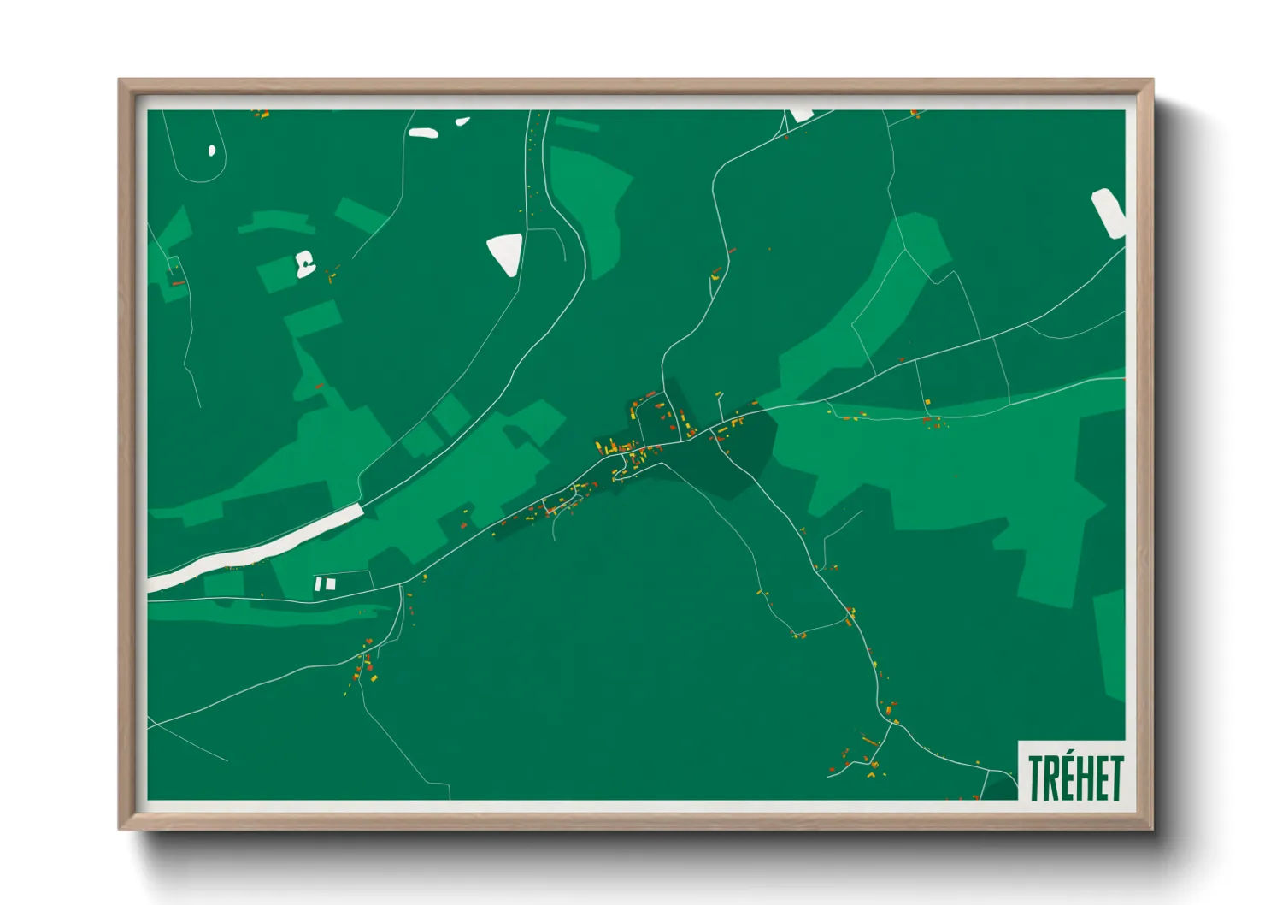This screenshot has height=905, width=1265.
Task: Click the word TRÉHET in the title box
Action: point(1075,778)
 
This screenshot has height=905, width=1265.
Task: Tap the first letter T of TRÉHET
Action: point(1036,778)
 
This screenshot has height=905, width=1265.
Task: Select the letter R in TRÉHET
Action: point(1051,778)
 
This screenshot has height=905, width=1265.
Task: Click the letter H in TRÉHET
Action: point(1084,778)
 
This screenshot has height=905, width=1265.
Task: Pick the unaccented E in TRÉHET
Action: point(1100,778)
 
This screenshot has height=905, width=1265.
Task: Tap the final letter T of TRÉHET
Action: point(1115,778)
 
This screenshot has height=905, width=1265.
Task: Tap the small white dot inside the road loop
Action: point(212,151)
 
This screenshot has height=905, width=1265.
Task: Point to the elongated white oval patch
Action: point(423,133)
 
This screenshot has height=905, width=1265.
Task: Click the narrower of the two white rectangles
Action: point(319,584)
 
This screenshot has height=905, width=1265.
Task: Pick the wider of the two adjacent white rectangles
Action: point(331,584)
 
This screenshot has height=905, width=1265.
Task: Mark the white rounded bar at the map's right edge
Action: point(1108,212)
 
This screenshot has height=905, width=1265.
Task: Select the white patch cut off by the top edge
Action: point(801,115)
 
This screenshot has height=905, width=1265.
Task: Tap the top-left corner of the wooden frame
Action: point(121,81)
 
